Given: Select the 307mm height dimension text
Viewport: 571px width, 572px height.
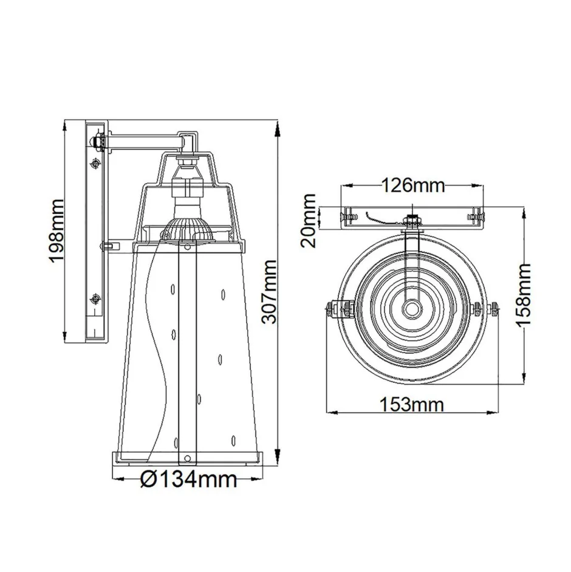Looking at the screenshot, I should click(x=270, y=292).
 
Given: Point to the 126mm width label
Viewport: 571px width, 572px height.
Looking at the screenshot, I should click(x=413, y=184).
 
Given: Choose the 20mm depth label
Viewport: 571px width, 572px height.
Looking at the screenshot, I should click(x=311, y=220).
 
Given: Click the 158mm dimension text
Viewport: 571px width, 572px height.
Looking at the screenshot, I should click(x=523, y=294).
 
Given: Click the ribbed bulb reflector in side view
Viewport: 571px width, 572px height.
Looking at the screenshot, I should click(x=187, y=230).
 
